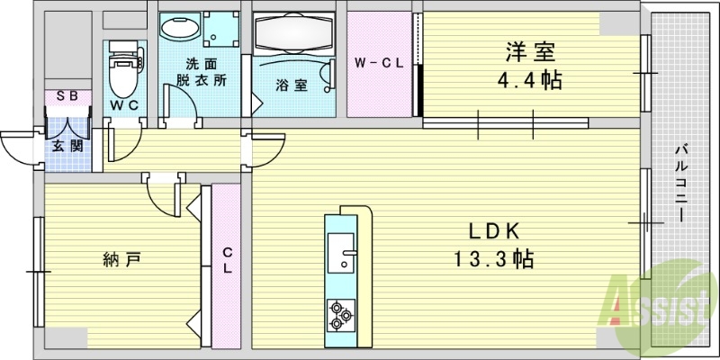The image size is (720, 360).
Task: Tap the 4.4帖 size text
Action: (532, 81)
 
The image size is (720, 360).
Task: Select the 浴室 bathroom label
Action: (292, 85)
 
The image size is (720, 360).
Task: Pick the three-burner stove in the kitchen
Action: (340, 313)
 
